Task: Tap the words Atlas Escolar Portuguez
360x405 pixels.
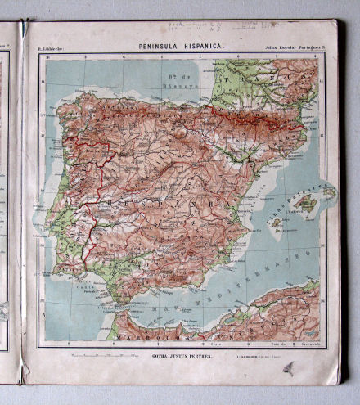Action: coord(295,51)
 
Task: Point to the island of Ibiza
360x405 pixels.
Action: coord(276,222)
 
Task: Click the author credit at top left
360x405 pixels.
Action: coord(52,51)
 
